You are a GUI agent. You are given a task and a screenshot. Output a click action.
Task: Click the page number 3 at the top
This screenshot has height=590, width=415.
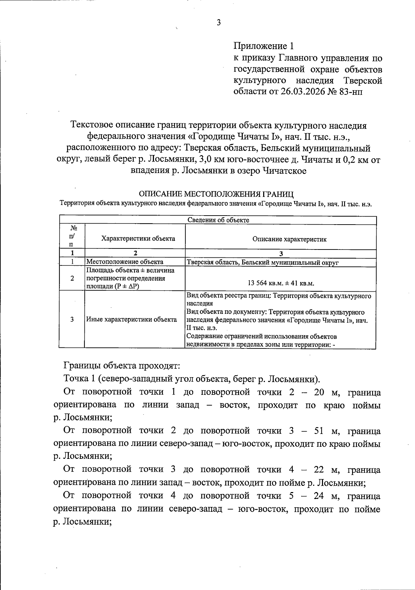point(218,23)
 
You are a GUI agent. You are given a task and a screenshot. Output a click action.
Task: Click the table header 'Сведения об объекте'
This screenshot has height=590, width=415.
point(218,220)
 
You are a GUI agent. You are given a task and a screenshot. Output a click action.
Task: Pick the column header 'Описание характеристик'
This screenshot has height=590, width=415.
point(289,239)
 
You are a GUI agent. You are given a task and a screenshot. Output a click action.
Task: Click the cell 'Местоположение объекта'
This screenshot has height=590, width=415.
point(124,262)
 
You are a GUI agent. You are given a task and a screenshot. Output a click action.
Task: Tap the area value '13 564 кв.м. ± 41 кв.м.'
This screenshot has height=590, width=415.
point(280,283)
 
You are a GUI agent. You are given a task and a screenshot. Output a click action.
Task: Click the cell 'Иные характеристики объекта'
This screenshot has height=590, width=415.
point(131,319)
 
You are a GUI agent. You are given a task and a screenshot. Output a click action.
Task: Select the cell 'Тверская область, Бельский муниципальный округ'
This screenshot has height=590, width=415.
point(262,262)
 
